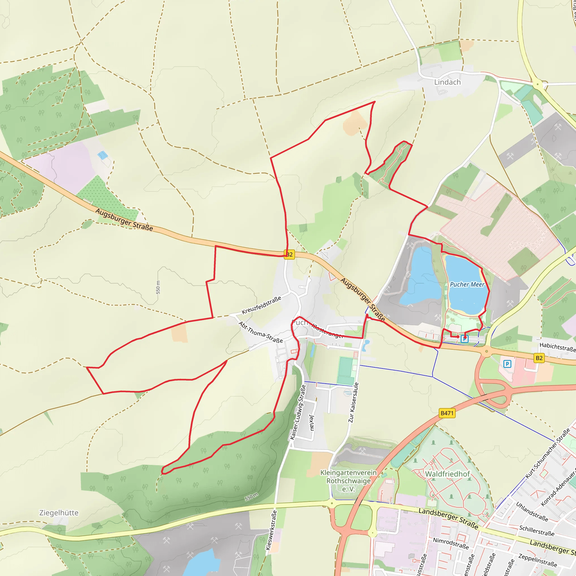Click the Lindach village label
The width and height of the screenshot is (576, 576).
coord(447,82)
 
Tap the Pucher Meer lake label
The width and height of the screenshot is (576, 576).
coord(467,284)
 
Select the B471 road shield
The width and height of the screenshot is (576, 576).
coord(447,413)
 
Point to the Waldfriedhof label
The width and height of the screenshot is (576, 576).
coord(447,474)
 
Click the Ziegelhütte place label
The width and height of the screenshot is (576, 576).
coord(59,513)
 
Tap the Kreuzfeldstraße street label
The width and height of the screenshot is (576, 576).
coord(262,305)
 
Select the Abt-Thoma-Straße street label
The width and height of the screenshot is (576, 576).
coord(260,332)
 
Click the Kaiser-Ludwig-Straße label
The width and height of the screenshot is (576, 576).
coord(298,412)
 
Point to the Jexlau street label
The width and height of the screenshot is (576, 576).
coord(312,422)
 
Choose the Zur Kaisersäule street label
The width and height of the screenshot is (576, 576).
coord(354,402)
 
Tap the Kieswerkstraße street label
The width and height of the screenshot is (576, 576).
coord(271,530)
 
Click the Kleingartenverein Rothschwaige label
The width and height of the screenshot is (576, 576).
coord(348,481)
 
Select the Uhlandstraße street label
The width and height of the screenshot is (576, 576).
coord(532,512)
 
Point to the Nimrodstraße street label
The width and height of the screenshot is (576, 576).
coord(451,543)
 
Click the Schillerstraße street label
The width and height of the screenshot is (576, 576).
coord(537,531)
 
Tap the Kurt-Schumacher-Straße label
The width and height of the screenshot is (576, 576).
coord(547,453)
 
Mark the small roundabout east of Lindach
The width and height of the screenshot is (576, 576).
coord(537,84)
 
